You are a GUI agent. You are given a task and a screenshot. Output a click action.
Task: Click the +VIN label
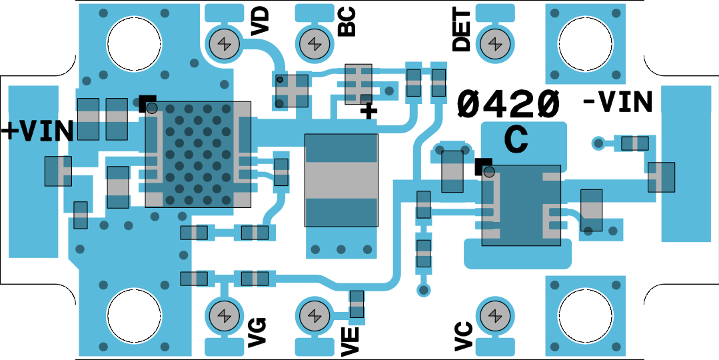click(x=37, y=131)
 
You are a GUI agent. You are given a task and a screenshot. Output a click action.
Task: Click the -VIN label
click(x=617, y=102)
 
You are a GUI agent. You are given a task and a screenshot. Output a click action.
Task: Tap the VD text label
click(x=259, y=21)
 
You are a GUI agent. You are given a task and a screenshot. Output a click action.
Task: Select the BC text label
click(x=347, y=21)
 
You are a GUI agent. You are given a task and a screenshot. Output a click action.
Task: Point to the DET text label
click(x=461, y=31)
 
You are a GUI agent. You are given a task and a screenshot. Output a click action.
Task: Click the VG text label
click(x=257, y=333)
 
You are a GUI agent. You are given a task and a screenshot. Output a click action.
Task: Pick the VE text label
click(x=350, y=338)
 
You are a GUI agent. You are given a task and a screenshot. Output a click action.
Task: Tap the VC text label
click(x=463, y=335)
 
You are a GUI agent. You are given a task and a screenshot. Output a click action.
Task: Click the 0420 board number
click(x=508, y=104)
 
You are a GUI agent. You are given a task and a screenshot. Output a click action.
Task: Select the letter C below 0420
click(x=516, y=139)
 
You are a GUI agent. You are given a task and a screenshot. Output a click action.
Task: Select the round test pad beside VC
click(x=494, y=314)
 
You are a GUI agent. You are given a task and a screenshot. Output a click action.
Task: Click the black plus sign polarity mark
click(x=368, y=110)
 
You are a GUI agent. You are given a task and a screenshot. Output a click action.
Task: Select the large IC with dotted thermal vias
click(x=198, y=154)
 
